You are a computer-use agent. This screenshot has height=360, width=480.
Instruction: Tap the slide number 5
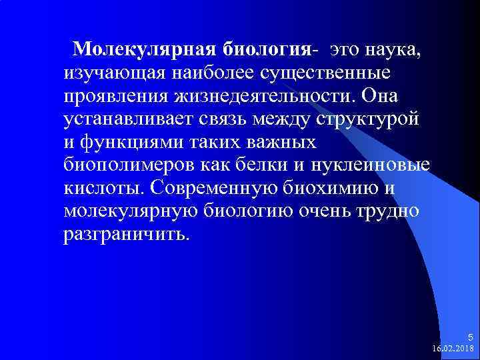click(470, 337)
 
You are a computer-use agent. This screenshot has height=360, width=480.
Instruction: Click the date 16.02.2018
click(453, 349)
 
